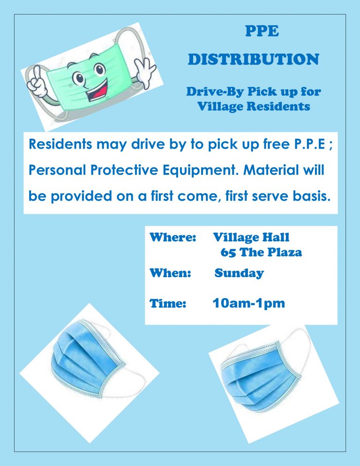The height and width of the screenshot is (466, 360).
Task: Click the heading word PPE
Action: [x=262, y=31]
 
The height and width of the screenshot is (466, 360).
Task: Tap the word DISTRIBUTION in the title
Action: [x=254, y=59]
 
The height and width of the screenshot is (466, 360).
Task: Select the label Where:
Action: [x=172, y=237]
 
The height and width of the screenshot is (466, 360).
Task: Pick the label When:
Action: [x=170, y=273]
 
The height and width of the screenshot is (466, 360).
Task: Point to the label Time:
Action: [x=168, y=303]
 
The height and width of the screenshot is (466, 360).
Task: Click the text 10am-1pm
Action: [x=249, y=303]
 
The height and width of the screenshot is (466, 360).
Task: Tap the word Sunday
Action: [x=240, y=273]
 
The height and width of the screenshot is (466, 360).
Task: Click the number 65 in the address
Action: [x=228, y=252]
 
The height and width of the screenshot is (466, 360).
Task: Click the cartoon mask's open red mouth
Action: [x=98, y=90]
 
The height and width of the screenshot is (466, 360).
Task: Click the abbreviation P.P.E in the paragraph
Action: [x=310, y=144]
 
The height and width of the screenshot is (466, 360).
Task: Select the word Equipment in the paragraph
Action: [x=201, y=171]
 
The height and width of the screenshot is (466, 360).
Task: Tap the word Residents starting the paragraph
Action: [x=60, y=144]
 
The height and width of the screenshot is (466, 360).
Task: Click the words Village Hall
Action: [x=251, y=238]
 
